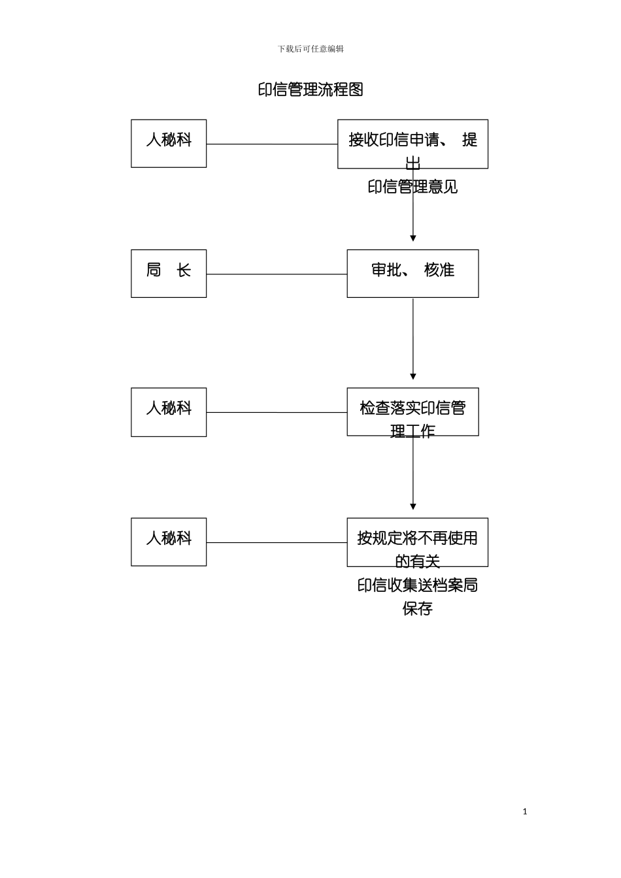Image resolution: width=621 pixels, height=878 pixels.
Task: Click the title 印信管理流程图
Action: pyautogui.click(x=310, y=89)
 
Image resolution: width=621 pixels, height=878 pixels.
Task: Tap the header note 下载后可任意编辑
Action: pyautogui.click(x=310, y=49)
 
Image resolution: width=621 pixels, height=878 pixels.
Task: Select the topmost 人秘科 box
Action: pyautogui.click(x=169, y=143)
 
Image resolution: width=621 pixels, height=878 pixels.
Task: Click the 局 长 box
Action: pyautogui.click(x=169, y=273)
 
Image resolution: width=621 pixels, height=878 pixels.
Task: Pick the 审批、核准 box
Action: pyautogui.click(x=412, y=273)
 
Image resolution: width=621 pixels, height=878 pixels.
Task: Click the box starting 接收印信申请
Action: pyautogui.click(x=412, y=143)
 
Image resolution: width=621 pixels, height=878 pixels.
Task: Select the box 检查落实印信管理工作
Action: pyautogui.click(x=412, y=412)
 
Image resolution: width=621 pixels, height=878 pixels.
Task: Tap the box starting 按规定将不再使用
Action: pyautogui.click(x=417, y=542)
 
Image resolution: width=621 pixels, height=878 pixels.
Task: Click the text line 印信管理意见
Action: pyautogui.click(x=412, y=187)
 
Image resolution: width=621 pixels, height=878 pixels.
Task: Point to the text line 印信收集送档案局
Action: pyautogui.click(x=417, y=585)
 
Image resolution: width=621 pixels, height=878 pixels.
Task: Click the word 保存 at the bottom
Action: pyautogui.click(x=417, y=609)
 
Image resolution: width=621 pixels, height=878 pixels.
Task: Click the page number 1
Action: pyautogui.click(x=525, y=811)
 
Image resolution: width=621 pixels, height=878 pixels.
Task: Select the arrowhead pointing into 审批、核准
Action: pyautogui.click(x=412, y=238)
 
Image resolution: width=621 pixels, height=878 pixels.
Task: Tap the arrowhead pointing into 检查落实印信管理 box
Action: pyautogui.click(x=412, y=377)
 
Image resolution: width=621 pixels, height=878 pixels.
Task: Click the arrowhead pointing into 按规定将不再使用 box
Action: pyautogui.click(x=412, y=506)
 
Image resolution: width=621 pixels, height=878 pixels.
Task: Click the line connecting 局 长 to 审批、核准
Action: pyautogui.click(x=277, y=274)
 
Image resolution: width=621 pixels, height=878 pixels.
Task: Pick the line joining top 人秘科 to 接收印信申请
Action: pyautogui.click(x=271, y=144)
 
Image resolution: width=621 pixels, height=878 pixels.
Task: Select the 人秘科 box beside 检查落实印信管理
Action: pyautogui.click(x=169, y=412)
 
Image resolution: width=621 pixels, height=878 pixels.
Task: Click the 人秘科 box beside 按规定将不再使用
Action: pyautogui.click(x=169, y=542)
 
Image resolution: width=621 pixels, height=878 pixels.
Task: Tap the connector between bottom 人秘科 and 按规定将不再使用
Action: pyautogui.click(x=277, y=542)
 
